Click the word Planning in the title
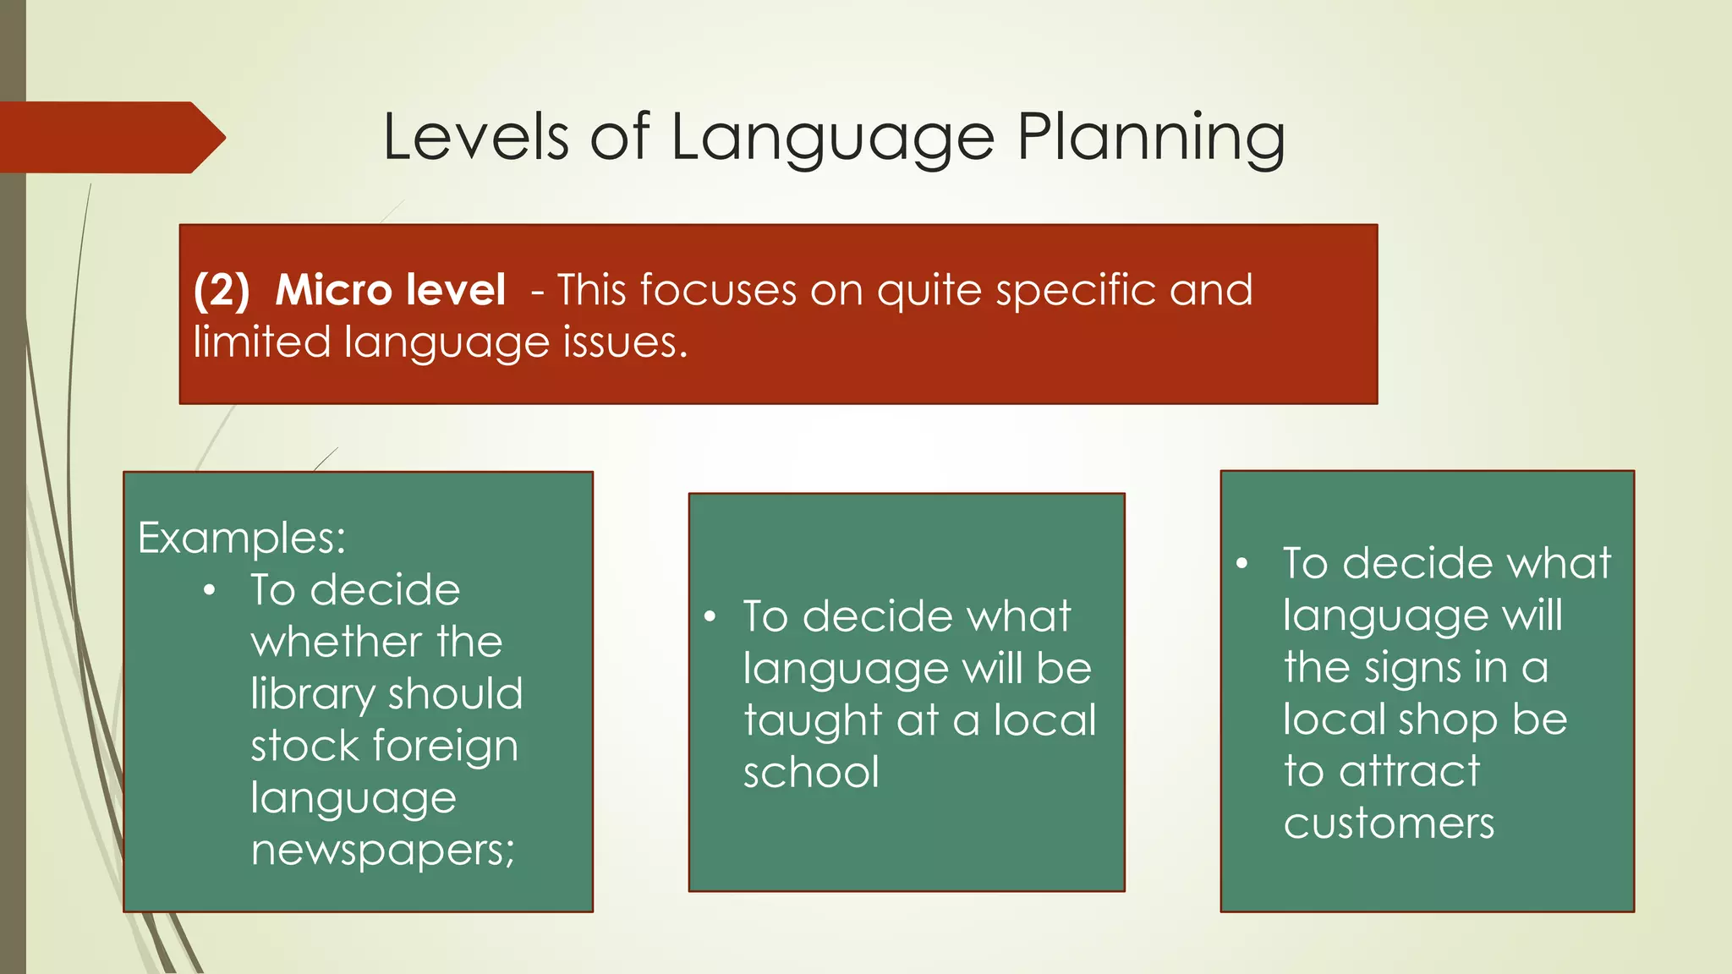pyautogui.click(x=1150, y=138)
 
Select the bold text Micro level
pyautogui.click(x=390, y=290)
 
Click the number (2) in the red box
pyautogui.click(x=222, y=290)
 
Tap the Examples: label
pyautogui.click(x=242, y=538)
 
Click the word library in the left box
pyautogui.click(x=313, y=694)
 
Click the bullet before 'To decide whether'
pyautogui.click(x=210, y=590)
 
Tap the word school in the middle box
pyautogui.click(x=811, y=773)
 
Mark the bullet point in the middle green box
pyautogui.click(x=710, y=616)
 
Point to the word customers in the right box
pyautogui.click(x=1389, y=824)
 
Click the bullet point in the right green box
pyautogui.click(x=1241, y=564)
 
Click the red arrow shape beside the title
pyautogui.click(x=110, y=138)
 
